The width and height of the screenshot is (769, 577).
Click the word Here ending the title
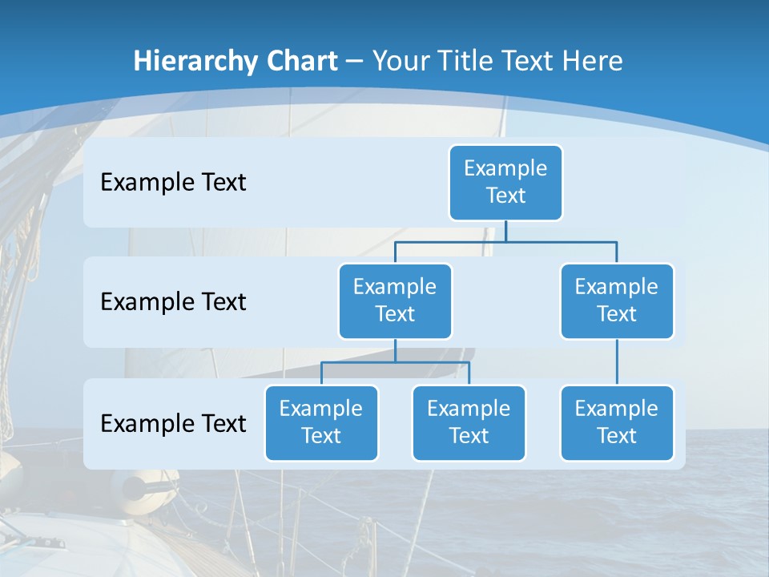(x=592, y=61)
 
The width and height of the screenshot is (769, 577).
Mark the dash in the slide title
(x=355, y=61)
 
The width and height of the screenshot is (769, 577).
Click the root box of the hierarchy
(x=505, y=182)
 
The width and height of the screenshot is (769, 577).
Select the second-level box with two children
(x=395, y=301)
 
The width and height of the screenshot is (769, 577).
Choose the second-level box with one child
(x=617, y=301)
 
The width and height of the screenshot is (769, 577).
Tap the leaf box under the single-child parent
(x=617, y=422)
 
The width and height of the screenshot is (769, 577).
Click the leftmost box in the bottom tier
(x=321, y=422)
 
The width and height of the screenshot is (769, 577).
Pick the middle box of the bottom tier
(x=469, y=422)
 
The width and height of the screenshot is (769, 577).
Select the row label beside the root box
(x=173, y=183)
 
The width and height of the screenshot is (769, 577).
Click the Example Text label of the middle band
(x=173, y=302)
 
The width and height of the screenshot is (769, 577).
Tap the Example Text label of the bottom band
(x=173, y=423)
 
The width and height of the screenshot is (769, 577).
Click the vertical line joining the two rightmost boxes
(x=617, y=362)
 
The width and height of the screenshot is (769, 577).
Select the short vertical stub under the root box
(x=505, y=231)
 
